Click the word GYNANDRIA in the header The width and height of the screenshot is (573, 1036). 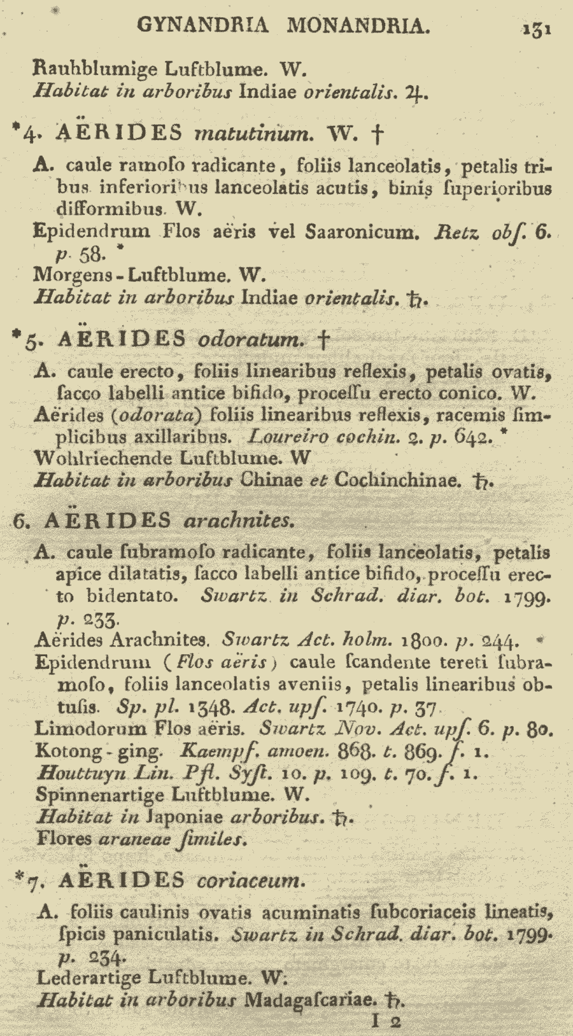pos(202,25)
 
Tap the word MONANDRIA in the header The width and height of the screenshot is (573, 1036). pos(358,25)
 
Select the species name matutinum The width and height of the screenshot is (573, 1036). pos(254,134)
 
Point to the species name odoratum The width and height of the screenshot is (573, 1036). pos(252,339)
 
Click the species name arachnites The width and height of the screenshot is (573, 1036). pos(239,521)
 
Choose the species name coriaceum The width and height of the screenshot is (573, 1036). pos(251,881)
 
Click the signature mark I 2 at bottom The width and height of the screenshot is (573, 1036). pos(386,1022)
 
